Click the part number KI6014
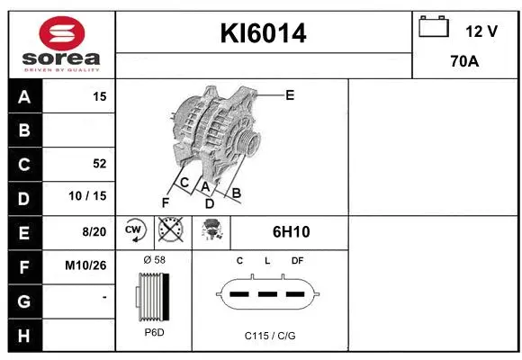pos(264,33)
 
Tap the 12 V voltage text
pos(481,31)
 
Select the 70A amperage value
pos(464,63)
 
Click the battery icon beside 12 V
pos(434,28)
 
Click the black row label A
pos(23,96)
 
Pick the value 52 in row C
pos(99,164)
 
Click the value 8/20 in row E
pos(94,231)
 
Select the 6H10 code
pos(291,231)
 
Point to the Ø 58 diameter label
pos(153,260)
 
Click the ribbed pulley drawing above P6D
pos(151,296)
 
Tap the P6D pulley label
pos(153,333)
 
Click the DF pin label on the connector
pos(297,260)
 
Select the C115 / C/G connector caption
pos(270,335)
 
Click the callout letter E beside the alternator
pos(290,94)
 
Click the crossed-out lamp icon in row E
pos(168,231)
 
